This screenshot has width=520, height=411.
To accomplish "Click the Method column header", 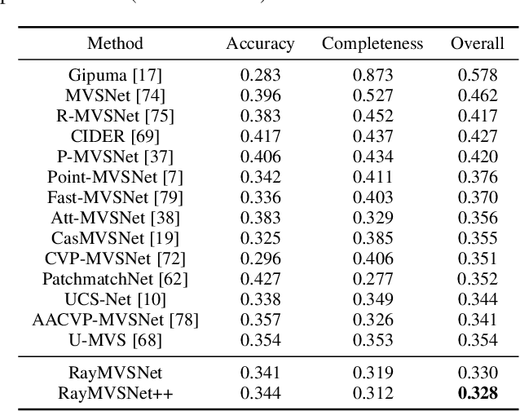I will pos(115,43).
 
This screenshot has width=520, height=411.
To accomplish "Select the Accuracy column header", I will pos(260,43).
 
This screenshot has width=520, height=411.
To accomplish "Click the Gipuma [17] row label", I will pos(115,75).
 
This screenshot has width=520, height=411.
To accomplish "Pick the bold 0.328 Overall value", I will pos(477,393).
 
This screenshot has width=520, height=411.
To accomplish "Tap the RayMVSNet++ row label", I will pos(115,393).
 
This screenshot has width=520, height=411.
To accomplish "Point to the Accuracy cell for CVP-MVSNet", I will pos(260,259).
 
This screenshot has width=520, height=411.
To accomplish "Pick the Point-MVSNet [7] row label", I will pos(115,178).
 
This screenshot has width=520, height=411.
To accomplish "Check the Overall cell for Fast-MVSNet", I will pos(477,198).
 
